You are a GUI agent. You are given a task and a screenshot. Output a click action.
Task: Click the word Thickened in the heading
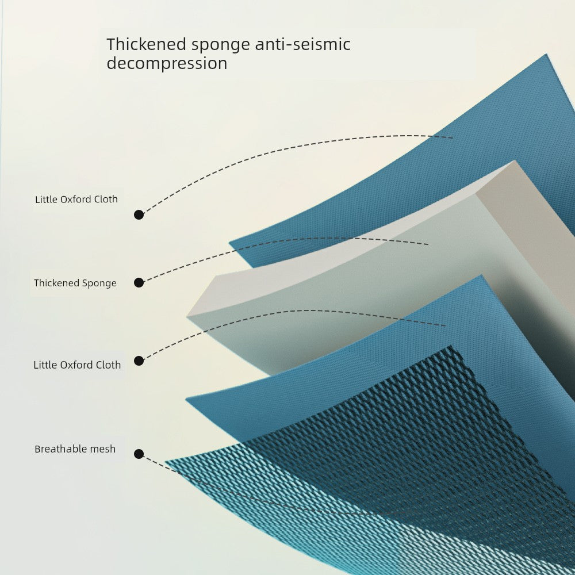(146, 44)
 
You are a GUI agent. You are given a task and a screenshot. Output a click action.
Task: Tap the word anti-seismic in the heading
(302, 44)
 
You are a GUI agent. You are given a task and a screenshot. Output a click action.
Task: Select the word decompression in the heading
(167, 63)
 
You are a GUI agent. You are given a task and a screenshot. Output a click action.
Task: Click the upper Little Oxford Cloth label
(76, 199)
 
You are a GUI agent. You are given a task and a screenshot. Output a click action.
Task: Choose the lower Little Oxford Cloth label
(77, 365)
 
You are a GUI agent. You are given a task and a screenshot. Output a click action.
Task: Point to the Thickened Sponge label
(75, 283)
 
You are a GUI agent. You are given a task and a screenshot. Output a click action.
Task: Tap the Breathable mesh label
(75, 449)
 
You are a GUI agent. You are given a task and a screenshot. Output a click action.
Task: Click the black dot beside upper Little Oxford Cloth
(139, 215)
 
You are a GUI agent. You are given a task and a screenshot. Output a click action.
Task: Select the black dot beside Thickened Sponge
(139, 283)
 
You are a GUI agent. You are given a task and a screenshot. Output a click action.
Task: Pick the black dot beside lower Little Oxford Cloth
(139, 361)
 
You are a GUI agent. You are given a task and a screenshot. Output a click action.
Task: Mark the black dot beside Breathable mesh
(139, 454)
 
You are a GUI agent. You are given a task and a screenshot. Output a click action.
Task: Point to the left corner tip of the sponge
(187, 316)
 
